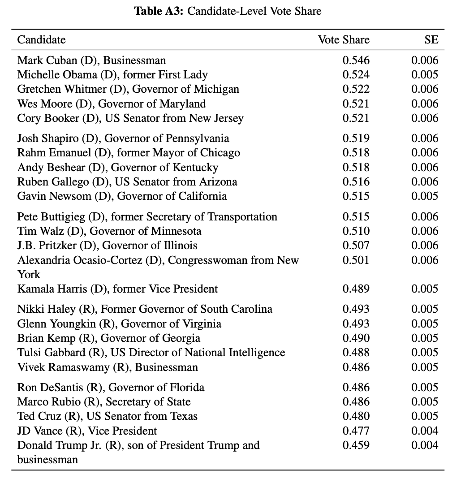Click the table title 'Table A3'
159,11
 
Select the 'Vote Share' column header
344,40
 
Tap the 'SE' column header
431,40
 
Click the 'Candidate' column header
41,40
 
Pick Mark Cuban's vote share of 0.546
356,60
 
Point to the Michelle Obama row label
112,75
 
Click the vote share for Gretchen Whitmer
356,89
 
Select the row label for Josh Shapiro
123,138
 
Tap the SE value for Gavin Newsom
425,196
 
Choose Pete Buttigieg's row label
147,217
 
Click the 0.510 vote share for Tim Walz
356,231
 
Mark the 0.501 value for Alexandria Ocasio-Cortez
356,260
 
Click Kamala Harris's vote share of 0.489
356,289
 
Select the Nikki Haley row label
145,309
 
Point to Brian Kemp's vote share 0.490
356,338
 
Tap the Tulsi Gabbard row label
151,353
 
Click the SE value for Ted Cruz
425,416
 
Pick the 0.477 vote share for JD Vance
356,431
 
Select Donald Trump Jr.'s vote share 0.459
356,445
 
